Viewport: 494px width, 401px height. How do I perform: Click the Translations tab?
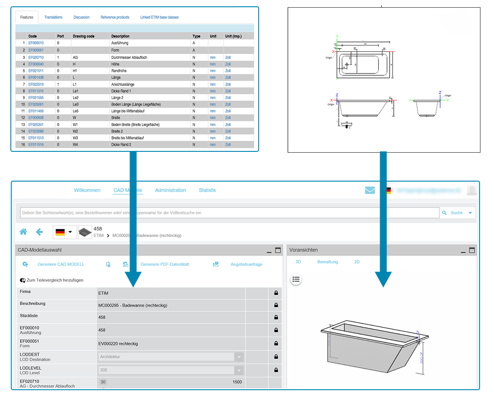pos(53,17)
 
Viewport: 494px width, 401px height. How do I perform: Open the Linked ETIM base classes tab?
pos(159,17)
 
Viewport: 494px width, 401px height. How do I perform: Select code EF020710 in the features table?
pos(36,58)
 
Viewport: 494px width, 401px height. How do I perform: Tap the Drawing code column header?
pos(83,36)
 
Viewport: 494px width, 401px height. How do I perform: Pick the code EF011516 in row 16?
pos(36,145)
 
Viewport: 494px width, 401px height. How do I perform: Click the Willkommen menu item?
pos(87,190)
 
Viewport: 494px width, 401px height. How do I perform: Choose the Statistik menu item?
pos(207,190)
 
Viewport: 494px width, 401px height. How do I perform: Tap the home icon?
pos(23,232)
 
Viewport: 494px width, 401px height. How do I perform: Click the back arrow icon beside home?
pos(40,232)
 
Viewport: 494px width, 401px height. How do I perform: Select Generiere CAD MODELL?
pos(61,264)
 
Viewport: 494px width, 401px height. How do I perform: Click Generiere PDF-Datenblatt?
pos(165,264)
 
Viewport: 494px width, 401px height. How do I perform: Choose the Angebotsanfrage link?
pos(246,264)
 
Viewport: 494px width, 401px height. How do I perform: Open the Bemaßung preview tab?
pos(327,262)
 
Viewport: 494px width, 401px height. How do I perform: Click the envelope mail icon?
pos(370,190)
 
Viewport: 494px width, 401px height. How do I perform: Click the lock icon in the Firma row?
pos(276,293)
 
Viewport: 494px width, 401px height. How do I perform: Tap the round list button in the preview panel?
pos(296,279)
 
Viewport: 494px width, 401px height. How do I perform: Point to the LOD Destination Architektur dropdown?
pos(171,357)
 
